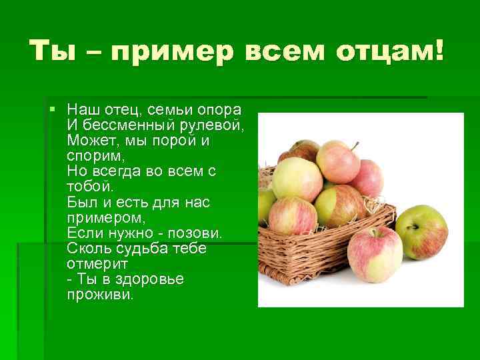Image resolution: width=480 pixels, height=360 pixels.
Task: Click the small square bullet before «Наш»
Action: pyautogui.click(x=53, y=109)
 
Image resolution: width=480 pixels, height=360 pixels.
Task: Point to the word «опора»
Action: pyautogui.click(x=223, y=110)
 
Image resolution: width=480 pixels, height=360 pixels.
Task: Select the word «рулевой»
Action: pyautogui.click(x=214, y=125)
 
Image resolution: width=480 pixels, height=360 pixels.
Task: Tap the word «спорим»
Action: pyautogui.click(x=91, y=156)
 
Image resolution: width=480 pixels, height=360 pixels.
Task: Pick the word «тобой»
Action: pyautogui.click(x=89, y=186)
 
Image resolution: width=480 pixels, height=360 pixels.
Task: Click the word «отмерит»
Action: pyautogui.click(x=93, y=263)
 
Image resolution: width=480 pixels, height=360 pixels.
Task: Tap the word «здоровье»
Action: pyautogui.click(x=147, y=279)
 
